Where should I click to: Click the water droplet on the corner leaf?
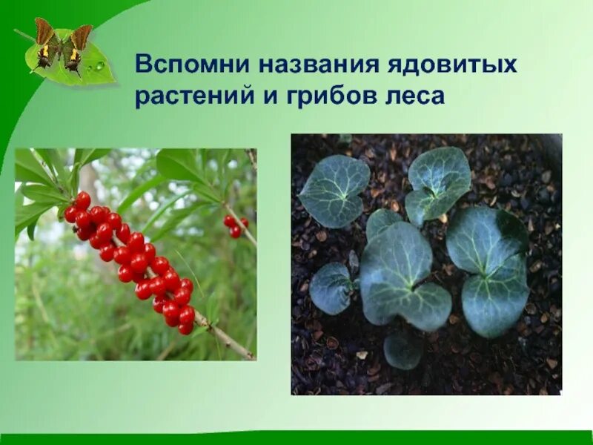(99, 66)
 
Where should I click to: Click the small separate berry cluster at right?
(236, 225)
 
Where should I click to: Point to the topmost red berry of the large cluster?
(83, 200)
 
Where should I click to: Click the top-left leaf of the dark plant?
(334, 190)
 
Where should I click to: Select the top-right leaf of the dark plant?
(439, 182)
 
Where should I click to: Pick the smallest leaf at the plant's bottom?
(403, 350)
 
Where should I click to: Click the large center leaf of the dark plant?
(400, 274)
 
